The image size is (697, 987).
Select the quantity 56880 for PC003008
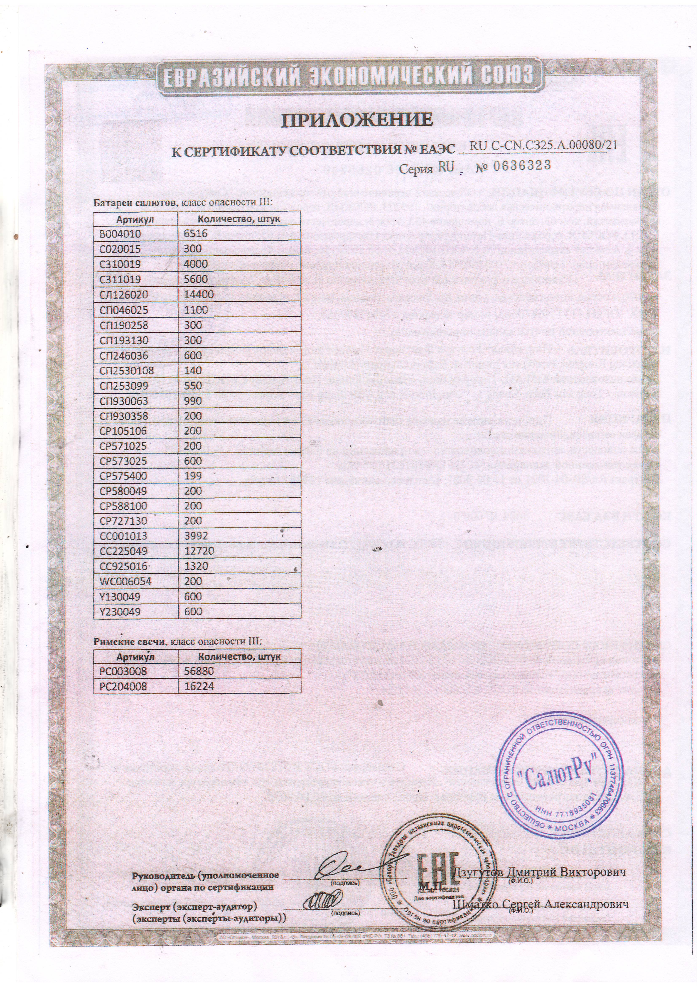(199, 671)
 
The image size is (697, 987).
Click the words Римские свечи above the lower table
(130, 642)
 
